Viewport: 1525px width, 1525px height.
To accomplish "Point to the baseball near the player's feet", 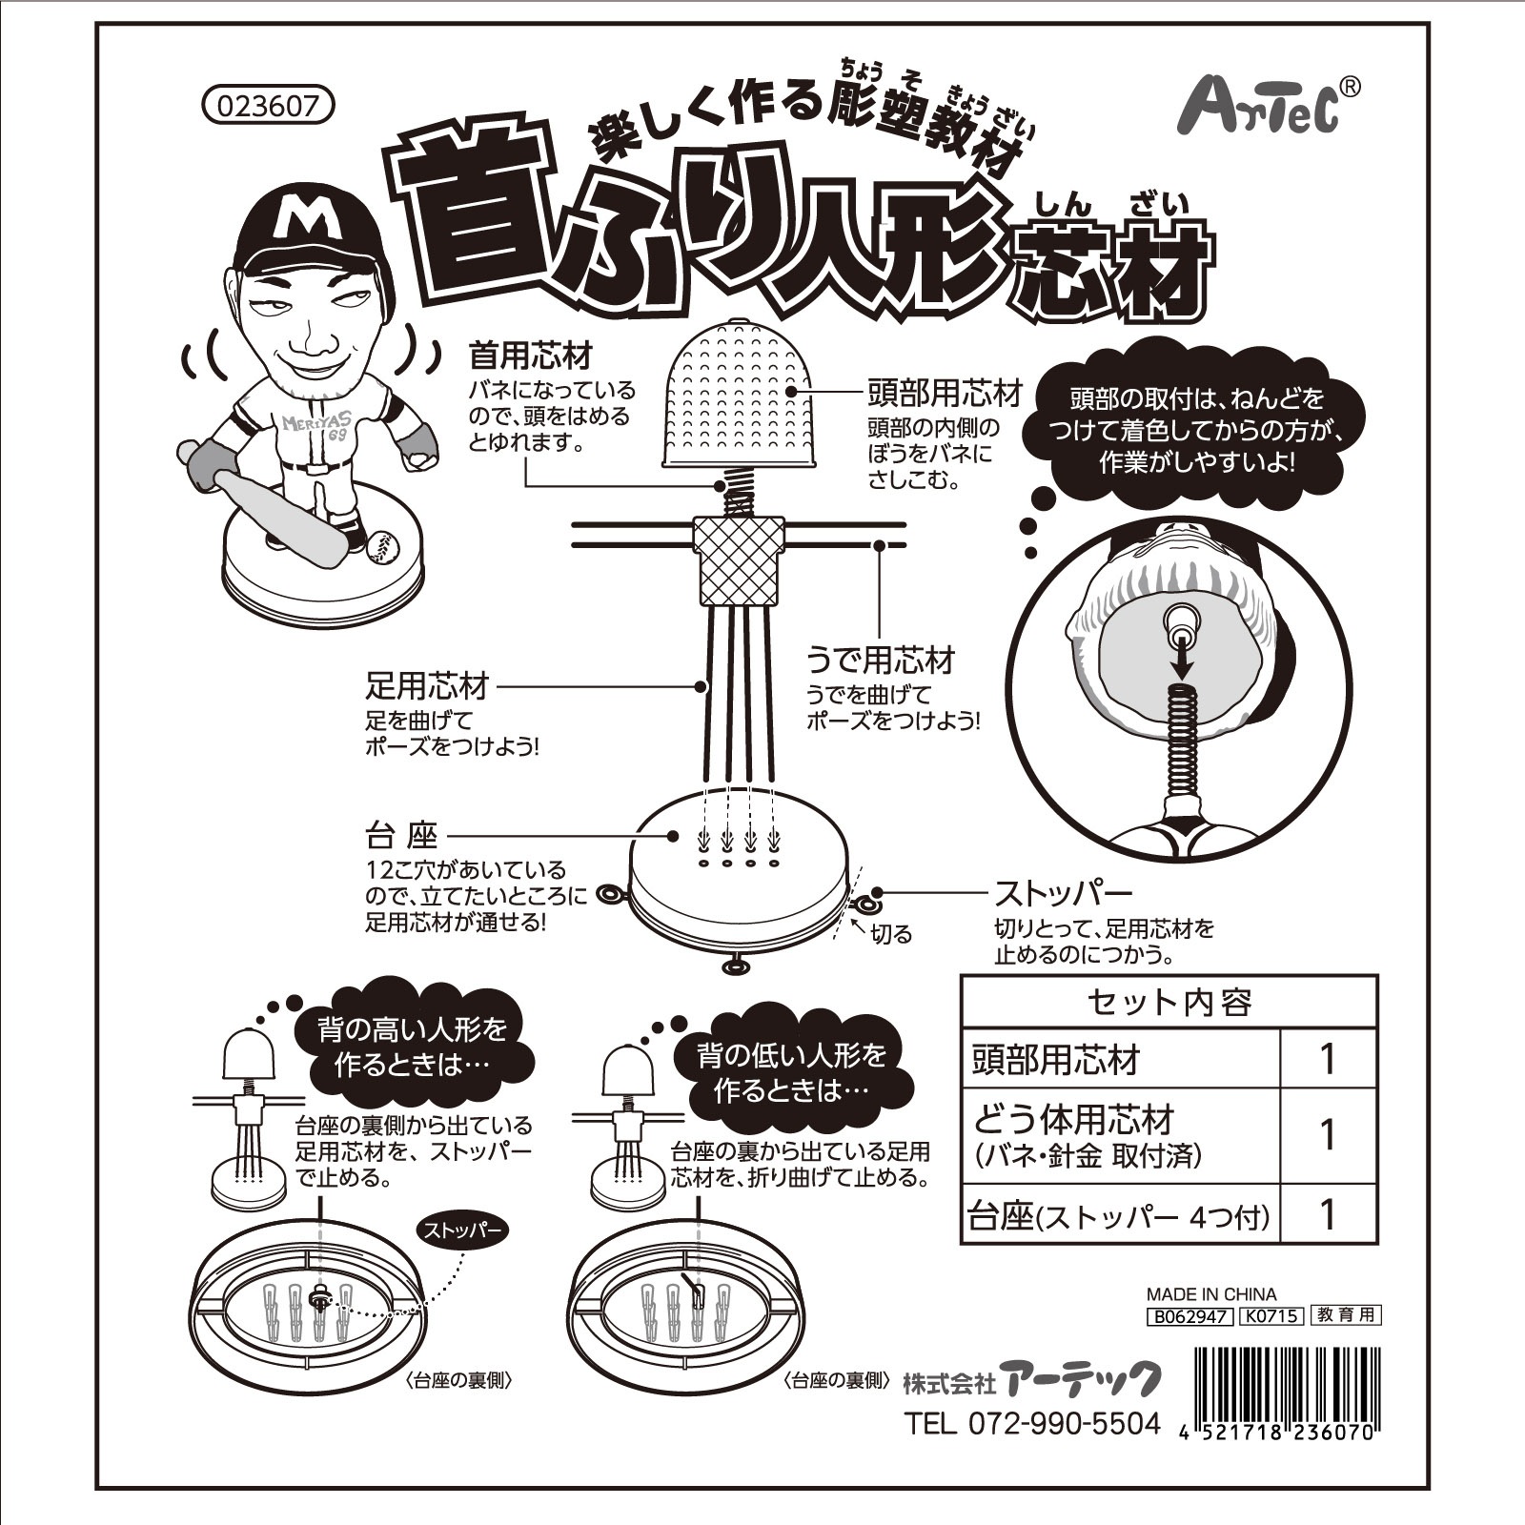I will tap(380, 544).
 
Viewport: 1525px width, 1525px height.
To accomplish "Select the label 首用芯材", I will tap(531, 356).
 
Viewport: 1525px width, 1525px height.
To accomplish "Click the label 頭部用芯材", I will tap(945, 393).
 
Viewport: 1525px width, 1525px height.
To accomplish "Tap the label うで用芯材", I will tap(880, 660).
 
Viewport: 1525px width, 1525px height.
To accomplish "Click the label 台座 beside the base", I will tap(401, 836).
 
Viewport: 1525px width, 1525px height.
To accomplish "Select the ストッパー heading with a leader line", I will tap(1063, 893).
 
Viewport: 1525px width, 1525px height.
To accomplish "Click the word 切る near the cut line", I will tap(891, 934).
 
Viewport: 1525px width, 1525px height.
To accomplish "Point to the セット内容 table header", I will tap(1169, 1002).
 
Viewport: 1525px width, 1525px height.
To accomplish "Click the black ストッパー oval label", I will tap(461, 1230).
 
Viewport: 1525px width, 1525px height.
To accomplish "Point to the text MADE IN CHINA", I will tap(1210, 1294).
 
